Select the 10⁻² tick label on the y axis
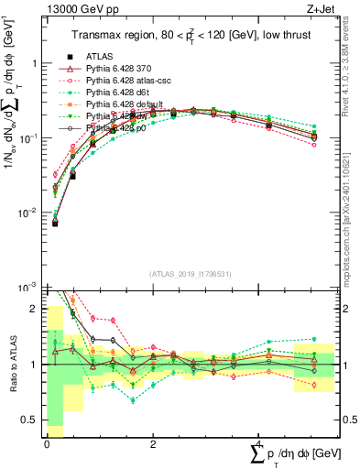[28, 213]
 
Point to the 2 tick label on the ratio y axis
[35, 308]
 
